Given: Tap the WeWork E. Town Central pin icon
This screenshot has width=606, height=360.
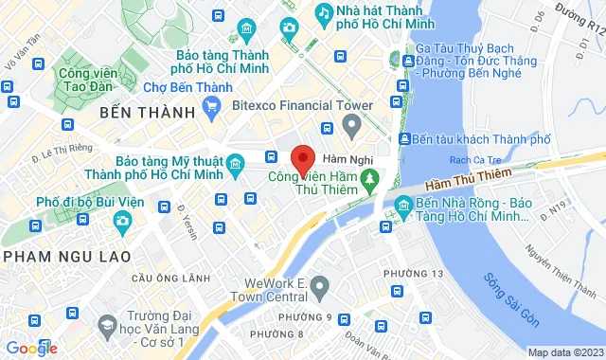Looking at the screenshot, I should tap(319, 284).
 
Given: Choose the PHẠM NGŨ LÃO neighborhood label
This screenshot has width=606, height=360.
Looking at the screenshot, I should tap(57, 256).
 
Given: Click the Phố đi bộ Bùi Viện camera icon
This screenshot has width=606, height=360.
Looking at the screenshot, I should tap(122, 222).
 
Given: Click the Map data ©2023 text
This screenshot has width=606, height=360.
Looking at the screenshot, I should tap(565, 352).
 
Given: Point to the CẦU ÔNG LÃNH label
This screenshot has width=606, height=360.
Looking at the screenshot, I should tap(170, 278).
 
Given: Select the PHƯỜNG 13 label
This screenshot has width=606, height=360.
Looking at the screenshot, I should tap(414, 274).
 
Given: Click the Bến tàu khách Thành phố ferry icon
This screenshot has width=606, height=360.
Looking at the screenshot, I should tap(405, 139).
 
